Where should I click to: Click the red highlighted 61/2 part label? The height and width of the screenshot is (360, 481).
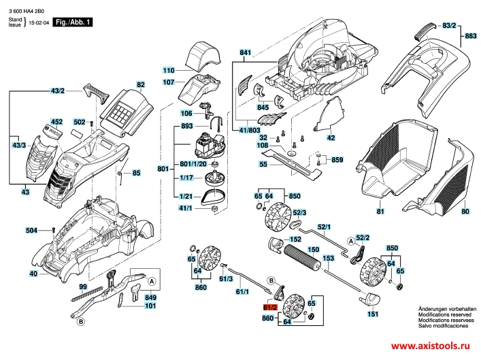[270, 308]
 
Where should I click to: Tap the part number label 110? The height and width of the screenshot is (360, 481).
[169, 70]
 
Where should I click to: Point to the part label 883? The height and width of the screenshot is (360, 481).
[471, 35]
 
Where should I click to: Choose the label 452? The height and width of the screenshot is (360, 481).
[56, 122]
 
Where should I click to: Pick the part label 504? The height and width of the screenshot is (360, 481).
[31, 230]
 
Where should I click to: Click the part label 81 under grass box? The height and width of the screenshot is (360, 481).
[380, 212]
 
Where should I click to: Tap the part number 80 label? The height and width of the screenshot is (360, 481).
[465, 212]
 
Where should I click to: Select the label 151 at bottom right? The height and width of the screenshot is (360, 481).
[373, 314]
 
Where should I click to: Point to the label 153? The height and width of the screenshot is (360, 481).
[328, 259]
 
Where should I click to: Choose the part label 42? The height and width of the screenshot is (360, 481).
[331, 138]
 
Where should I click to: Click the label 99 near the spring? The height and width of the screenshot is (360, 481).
[82, 287]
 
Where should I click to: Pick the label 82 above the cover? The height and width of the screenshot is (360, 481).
[141, 85]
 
